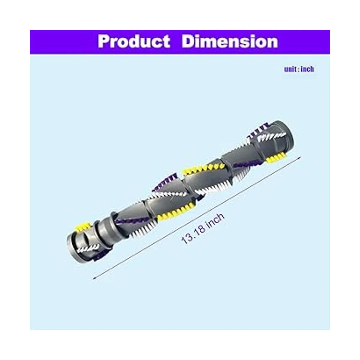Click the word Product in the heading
point(134,42)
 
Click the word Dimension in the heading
point(230,41)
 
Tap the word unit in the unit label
point(290,69)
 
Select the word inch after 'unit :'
point(307,69)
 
